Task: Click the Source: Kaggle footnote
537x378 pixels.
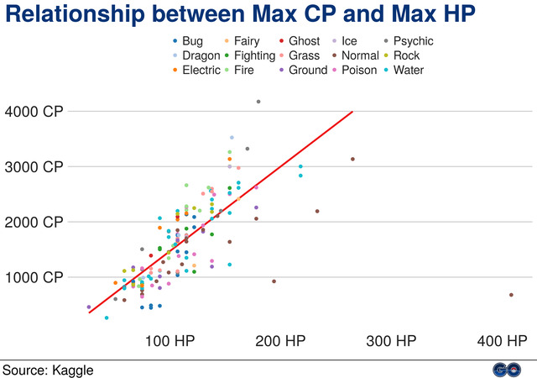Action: click(x=48, y=369)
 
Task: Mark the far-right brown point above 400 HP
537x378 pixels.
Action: click(x=511, y=295)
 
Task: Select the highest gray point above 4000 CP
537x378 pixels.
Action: click(x=258, y=102)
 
